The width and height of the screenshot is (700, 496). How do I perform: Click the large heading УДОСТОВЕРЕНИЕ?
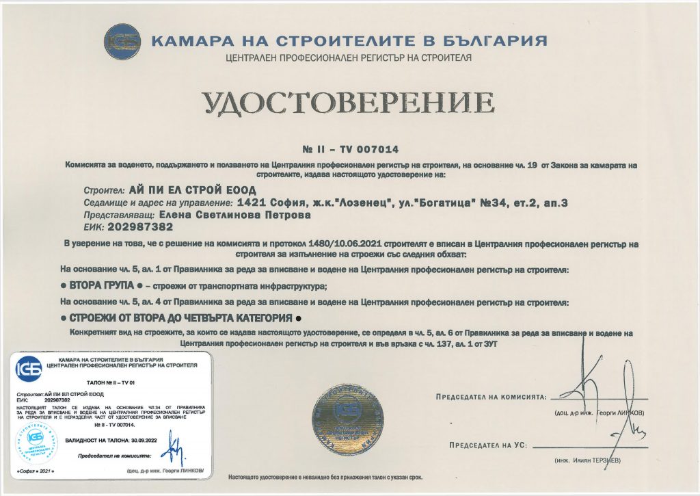pos(349,103)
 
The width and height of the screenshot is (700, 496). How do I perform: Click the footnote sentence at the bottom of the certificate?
pos(326,476)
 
